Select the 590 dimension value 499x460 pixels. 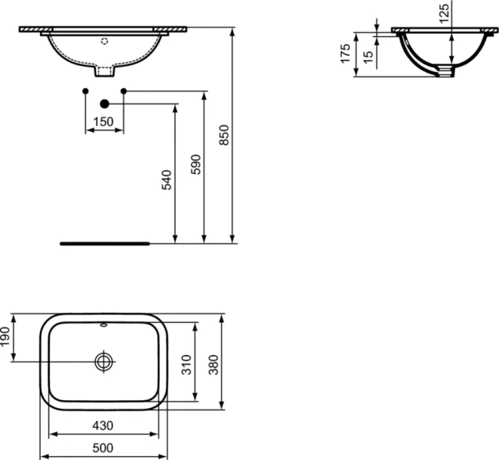click(196, 165)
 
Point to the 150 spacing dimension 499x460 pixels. click(104, 121)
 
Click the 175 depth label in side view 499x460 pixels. click(345, 53)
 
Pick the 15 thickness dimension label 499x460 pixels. click(368, 58)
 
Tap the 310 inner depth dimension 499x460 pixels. click(187, 365)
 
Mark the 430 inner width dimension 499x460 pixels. click(104, 426)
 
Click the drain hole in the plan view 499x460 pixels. click(104, 361)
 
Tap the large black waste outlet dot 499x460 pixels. click(104, 103)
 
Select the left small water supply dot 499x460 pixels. click(85, 92)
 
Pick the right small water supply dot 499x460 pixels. click(123, 92)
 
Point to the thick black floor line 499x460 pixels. click(104, 243)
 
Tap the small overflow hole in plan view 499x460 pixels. click(104, 324)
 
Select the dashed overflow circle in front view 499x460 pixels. click(105, 41)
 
